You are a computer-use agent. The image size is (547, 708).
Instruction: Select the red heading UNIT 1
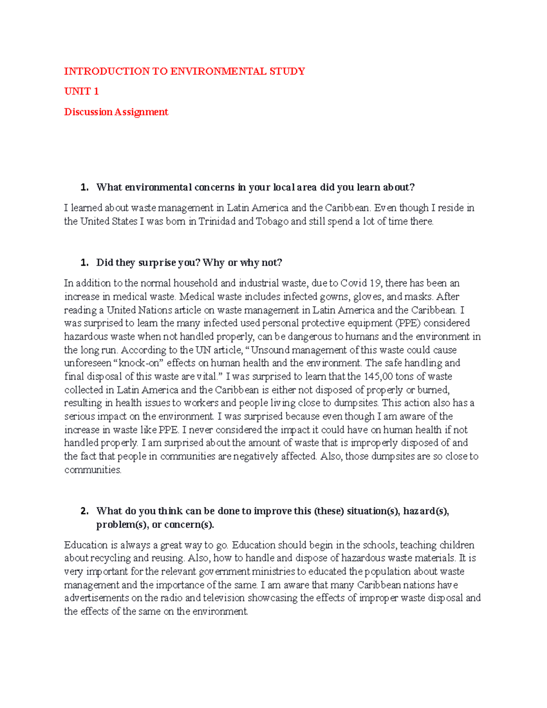(x=81, y=92)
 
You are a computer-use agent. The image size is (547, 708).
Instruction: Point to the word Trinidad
(x=217, y=222)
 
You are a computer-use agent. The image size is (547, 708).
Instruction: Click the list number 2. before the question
(x=84, y=511)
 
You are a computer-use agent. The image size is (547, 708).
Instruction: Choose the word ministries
(x=273, y=572)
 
